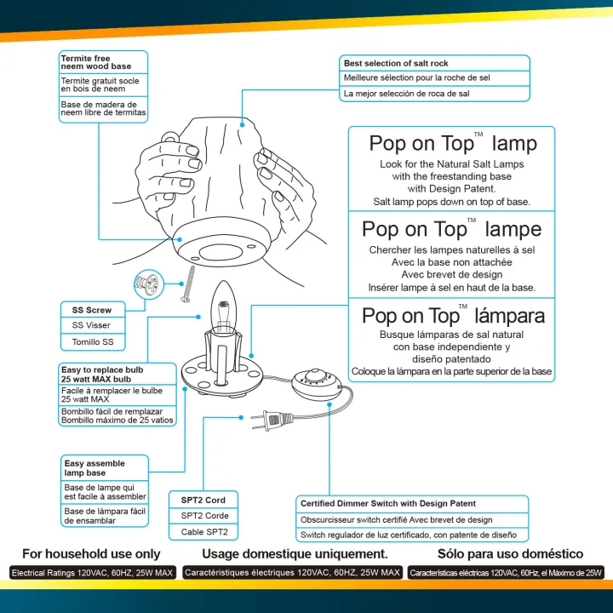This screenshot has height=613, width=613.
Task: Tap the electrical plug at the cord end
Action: [x=274, y=417]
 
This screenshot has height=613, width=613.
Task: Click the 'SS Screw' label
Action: [x=92, y=310]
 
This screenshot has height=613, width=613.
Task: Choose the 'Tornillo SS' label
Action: [x=92, y=341]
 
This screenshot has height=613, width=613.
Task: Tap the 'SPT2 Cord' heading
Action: [x=203, y=500]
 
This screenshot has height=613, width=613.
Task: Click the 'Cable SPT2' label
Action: [x=203, y=532]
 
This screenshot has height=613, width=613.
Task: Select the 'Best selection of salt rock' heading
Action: [x=396, y=63]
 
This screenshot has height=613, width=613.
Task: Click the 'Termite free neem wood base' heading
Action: [x=96, y=62]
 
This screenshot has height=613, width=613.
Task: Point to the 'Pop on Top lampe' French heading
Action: [x=451, y=229]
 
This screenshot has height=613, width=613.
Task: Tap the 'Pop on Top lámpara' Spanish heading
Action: [x=453, y=316]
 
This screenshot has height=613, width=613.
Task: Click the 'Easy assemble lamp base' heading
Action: [x=95, y=467]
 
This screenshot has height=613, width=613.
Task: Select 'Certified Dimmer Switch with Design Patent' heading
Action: [x=388, y=503]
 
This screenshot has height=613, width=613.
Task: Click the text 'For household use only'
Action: [x=91, y=553]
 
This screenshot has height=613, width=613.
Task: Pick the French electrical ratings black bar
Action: [x=292, y=573]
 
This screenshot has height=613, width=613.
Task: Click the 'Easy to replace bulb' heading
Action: [x=102, y=375]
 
